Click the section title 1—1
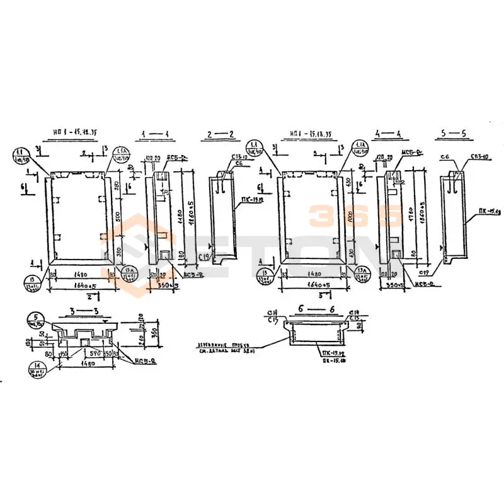tap(153, 134)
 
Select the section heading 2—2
tap(221, 134)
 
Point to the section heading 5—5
tap(454, 134)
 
